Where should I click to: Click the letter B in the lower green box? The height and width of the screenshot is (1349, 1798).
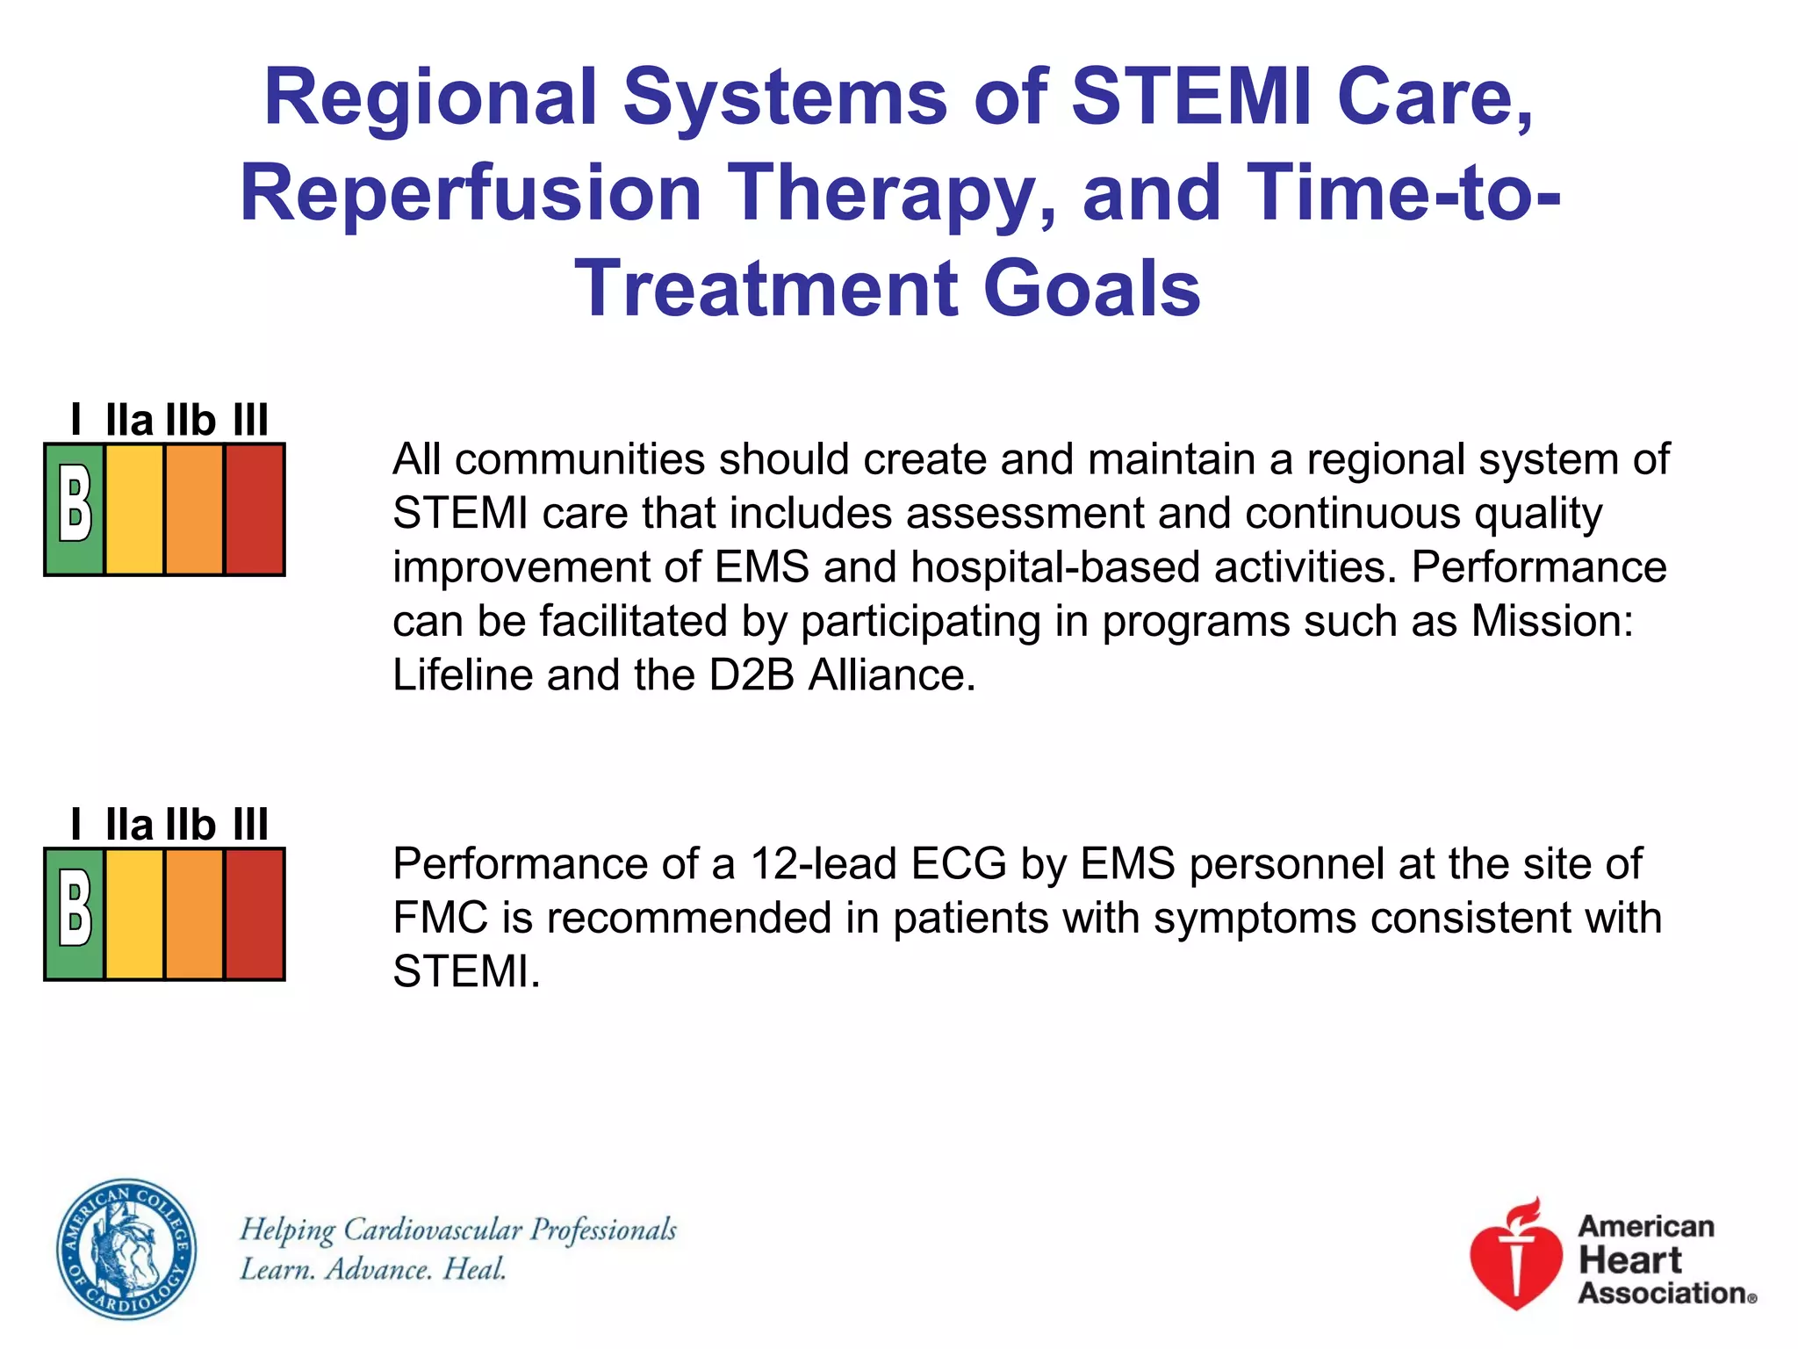click(x=75, y=914)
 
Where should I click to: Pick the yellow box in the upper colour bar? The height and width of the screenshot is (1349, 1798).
click(x=134, y=509)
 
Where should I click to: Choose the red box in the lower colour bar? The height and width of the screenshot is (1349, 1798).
click(x=255, y=914)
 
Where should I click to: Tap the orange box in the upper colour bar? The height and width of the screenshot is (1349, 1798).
click(x=194, y=509)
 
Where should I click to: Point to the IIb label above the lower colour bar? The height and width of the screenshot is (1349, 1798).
click(x=191, y=825)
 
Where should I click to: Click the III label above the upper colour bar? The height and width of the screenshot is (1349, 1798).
click(x=250, y=420)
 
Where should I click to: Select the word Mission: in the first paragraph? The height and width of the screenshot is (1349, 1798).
click(x=1552, y=621)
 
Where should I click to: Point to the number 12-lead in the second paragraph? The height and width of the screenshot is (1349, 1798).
click(x=823, y=864)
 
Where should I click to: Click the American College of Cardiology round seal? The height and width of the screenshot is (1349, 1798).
click(x=126, y=1248)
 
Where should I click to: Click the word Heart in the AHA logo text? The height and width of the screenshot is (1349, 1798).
click(x=1629, y=1260)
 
